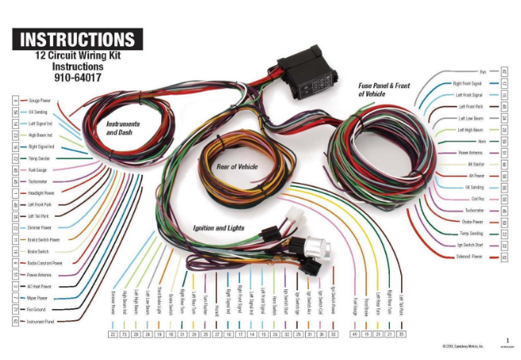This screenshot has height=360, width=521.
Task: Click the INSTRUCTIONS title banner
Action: click(77, 39)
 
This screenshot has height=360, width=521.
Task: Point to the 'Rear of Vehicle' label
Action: click(237, 166)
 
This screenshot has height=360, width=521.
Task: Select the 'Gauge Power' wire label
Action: click(40, 101)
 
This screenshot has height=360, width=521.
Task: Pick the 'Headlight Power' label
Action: click(42, 192)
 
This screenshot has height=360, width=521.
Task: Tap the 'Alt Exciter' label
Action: click(476, 164)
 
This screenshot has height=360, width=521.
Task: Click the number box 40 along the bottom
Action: click(354, 335)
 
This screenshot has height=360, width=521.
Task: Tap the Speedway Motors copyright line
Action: click(469, 346)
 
